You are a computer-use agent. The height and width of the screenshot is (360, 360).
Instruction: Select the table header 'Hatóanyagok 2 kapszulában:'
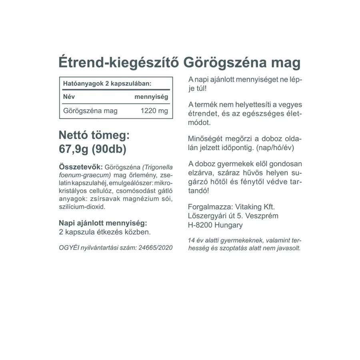coord(107,84)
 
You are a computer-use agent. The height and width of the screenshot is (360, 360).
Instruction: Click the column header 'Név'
coord(69,97)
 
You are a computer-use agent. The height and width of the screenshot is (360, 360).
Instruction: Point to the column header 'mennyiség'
coord(151,97)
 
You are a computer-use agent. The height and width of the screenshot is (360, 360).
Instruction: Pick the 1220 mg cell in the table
coord(154,111)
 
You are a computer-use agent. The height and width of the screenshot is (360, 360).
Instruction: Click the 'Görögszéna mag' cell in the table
coord(90,111)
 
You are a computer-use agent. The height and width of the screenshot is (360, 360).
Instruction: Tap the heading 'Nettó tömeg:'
coord(94,135)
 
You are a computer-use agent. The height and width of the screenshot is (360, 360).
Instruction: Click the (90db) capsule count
coord(109,150)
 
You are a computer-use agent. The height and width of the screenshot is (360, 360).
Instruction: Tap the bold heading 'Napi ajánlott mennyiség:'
coord(103,223)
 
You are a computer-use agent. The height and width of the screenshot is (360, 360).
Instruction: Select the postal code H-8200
coord(200,225)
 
